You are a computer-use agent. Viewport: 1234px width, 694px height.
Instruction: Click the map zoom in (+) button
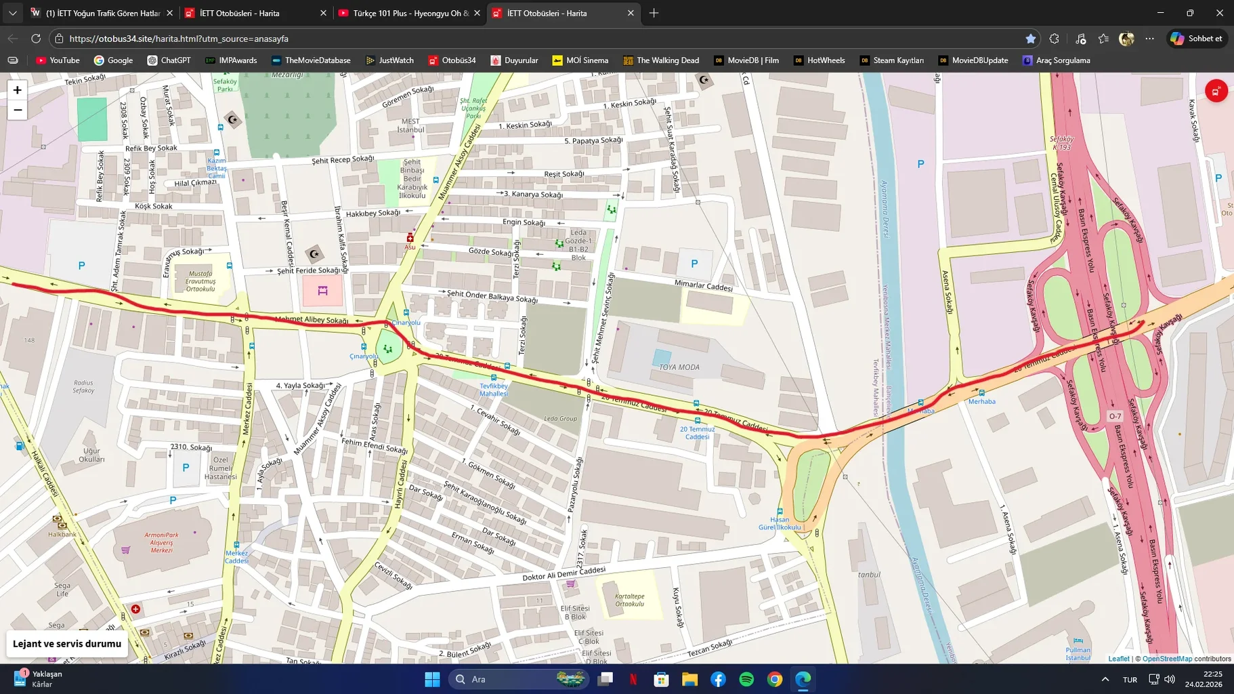click(18, 90)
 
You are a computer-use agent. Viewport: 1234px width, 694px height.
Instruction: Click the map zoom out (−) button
click(18, 110)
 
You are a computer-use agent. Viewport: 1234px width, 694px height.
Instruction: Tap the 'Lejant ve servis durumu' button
click(67, 644)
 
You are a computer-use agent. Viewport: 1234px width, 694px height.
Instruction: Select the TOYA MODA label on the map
click(679, 367)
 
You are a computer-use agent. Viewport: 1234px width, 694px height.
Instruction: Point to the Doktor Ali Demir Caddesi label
click(563, 574)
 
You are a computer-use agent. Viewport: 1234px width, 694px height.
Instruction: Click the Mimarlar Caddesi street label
click(703, 286)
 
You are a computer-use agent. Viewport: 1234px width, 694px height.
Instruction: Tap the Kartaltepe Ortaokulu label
click(629, 600)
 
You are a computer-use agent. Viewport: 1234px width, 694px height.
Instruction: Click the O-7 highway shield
click(1115, 416)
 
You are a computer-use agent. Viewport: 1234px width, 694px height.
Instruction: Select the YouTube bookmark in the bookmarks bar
click(58, 60)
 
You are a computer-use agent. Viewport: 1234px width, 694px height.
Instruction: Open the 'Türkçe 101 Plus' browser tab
click(409, 13)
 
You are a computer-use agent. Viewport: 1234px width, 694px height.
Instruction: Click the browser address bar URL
click(179, 39)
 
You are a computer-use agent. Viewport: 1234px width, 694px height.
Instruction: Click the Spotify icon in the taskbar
click(746, 679)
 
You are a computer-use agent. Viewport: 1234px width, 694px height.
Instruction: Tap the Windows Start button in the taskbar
click(432, 679)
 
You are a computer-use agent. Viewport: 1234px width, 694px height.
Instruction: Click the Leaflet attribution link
click(1118, 659)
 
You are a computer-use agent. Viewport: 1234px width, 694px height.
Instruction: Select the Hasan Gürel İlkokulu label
click(780, 523)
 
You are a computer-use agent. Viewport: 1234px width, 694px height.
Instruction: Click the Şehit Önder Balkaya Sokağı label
click(492, 296)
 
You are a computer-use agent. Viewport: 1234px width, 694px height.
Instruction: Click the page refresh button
click(36, 39)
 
